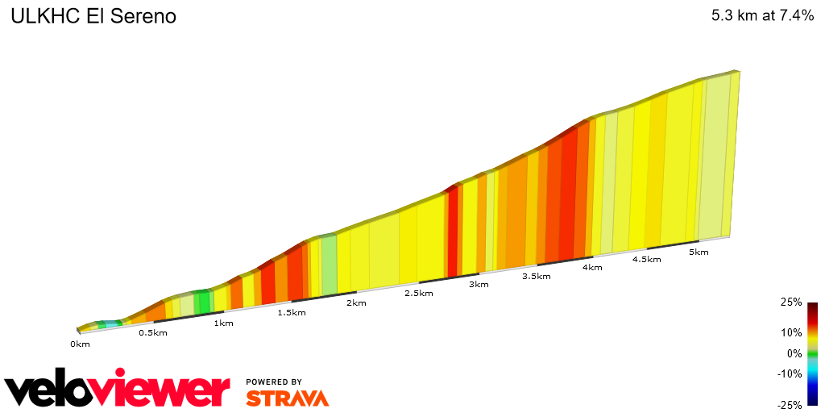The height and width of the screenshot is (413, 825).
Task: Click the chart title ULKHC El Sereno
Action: (x=93, y=16)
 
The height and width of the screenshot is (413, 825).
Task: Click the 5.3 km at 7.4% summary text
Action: (x=762, y=15)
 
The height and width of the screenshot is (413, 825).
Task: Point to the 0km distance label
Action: (x=80, y=344)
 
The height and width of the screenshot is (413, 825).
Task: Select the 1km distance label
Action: (x=223, y=323)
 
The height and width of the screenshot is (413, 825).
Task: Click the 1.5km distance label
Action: (x=291, y=313)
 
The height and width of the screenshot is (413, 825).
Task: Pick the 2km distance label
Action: (x=356, y=303)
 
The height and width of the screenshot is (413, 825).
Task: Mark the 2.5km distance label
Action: (x=418, y=294)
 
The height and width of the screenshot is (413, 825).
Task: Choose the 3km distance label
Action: (x=479, y=285)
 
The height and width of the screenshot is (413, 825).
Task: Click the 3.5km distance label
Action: (x=536, y=277)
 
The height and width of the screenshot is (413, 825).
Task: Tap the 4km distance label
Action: (x=592, y=268)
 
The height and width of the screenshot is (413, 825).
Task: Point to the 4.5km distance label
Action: (x=646, y=260)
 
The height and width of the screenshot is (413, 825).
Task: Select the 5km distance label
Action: (x=699, y=252)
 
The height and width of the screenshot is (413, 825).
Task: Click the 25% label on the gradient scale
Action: (x=791, y=302)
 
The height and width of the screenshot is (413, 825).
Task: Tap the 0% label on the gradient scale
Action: (x=794, y=353)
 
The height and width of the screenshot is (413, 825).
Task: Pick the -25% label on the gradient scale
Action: (x=790, y=405)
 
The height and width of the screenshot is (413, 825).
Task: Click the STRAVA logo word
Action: (x=287, y=398)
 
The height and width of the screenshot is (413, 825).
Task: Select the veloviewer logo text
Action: (x=117, y=390)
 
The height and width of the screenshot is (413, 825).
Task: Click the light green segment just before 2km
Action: (x=329, y=265)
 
